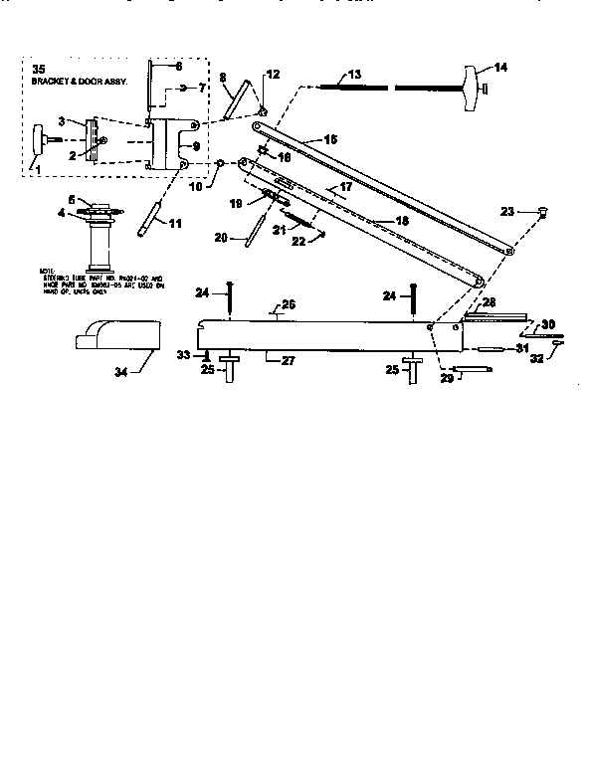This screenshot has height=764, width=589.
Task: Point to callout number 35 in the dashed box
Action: point(39,69)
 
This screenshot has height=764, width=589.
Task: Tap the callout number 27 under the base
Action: point(287,360)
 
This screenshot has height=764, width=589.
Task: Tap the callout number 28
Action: point(489,300)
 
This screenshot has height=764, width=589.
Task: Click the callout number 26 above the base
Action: point(289,304)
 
